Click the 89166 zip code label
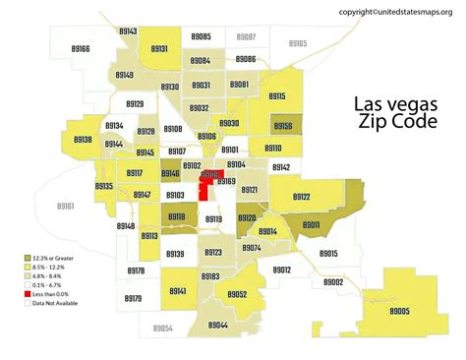[x=81, y=48]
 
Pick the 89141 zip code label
[x=178, y=291]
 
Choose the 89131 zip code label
[x=158, y=48]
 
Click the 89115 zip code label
[x=274, y=96]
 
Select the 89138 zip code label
[x=82, y=140]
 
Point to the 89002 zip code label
[x=332, y=282]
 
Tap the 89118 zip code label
[x=177, y=217]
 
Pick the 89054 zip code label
[x=162, y=328]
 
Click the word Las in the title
[x=373, y=105]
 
